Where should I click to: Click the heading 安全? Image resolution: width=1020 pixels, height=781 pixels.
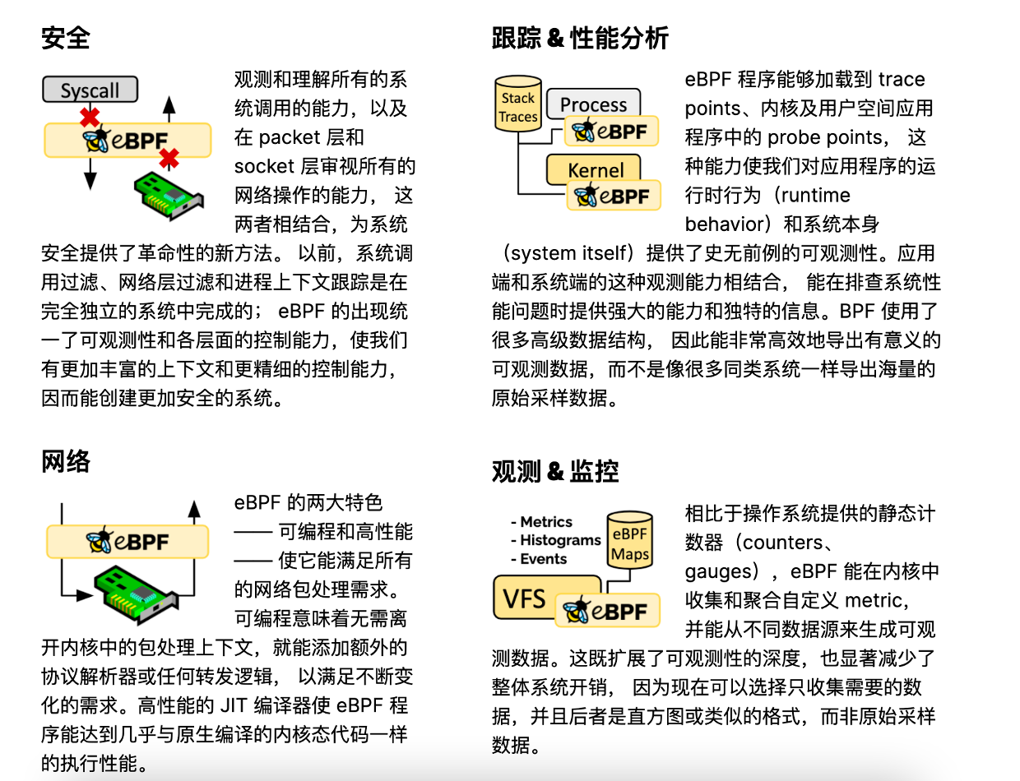(x=65, y=38)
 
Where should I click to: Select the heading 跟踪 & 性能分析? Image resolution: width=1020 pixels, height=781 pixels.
(x=580, y=38)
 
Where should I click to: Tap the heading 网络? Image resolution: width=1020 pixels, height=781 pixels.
(x=65, y=462)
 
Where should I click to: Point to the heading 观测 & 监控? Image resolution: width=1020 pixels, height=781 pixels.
(x=555, y=471)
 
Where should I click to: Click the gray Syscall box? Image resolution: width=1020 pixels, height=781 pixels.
(x=90, y=90)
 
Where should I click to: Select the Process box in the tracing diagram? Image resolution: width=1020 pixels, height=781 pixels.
(x=593, y=104)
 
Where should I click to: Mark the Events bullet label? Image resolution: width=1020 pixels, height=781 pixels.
(x=543, y=559)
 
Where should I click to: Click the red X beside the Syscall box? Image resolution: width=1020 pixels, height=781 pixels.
(x=90, y=116)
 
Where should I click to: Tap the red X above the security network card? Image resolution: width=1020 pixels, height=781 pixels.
(x=169, y=158)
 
